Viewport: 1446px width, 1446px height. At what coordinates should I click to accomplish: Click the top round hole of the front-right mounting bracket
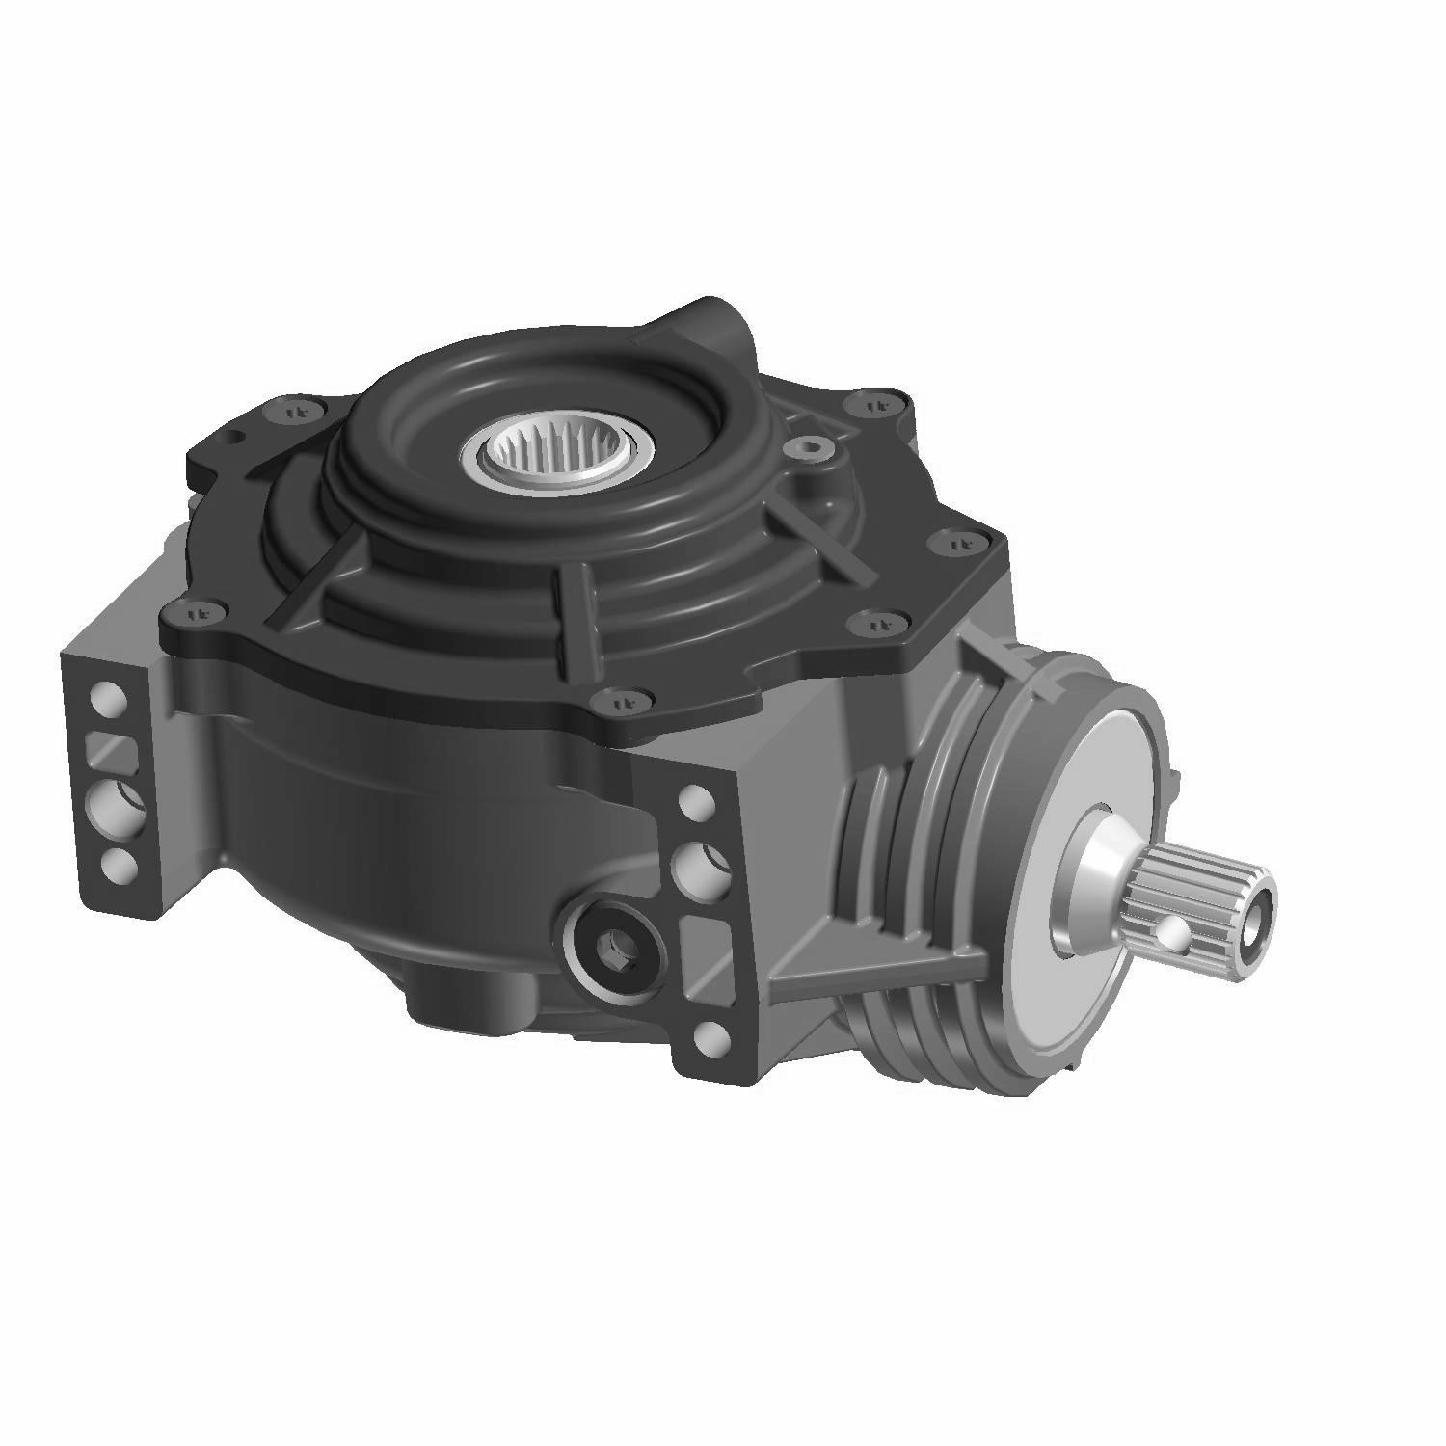pyautogui.click(x=695, y=800)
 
